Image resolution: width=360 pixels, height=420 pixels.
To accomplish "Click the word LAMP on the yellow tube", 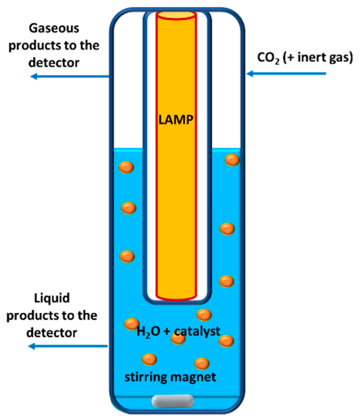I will coord(176,119).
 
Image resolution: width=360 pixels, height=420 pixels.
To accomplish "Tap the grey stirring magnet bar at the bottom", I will coord(172,401).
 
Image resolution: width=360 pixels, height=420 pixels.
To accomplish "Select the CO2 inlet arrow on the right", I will coord(286,74).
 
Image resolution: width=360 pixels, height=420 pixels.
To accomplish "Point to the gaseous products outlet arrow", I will coord(70,76).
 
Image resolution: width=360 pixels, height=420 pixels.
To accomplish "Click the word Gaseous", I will coord(54,28).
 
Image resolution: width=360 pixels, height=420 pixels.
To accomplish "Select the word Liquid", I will coord(52,298).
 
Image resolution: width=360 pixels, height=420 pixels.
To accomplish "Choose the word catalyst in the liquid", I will coord(197,331).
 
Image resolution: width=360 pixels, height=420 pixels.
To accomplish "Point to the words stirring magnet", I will coord(170,377).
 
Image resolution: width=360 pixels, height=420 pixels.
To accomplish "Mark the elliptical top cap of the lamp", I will coord(176,15).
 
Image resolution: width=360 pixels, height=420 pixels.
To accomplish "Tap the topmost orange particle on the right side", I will coord(232,160).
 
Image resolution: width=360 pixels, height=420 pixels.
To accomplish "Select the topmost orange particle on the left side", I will coord(126,167).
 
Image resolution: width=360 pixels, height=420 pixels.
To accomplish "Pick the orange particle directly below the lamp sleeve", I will coord(204,315).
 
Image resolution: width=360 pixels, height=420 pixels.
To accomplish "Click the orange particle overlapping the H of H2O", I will coord(132,324).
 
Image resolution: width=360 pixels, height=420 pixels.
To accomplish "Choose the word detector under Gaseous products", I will coord(54,63).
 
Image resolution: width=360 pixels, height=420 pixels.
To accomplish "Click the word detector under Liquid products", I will coord(52,333).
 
